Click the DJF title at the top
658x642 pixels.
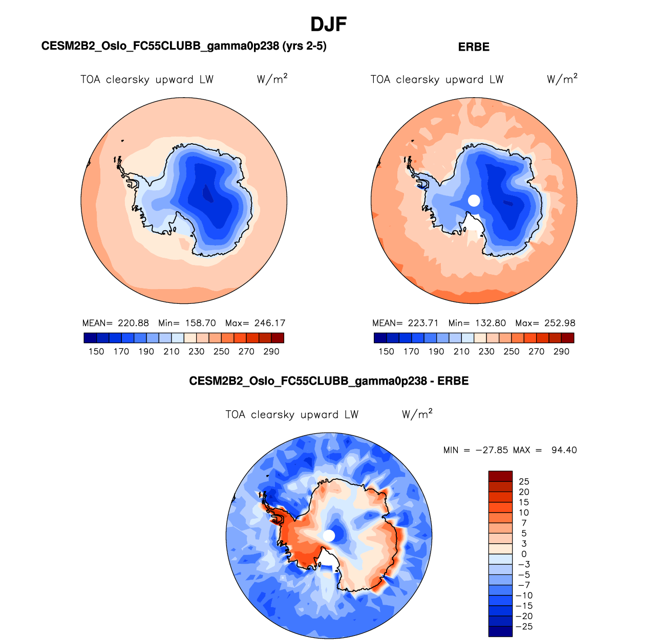329,24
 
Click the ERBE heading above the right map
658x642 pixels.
474,47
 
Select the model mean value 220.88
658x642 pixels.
133,323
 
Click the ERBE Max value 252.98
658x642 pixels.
560,323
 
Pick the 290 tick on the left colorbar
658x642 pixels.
271,351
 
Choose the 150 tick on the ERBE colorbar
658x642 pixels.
386,351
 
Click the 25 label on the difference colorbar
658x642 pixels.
524,481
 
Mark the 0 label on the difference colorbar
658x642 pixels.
524,554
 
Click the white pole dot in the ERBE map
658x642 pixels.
474,201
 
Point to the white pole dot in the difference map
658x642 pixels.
329,536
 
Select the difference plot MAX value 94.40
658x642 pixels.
564,450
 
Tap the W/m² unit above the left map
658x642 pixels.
272,79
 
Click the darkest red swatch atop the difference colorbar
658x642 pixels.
500,476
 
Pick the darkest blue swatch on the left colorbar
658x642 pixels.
90,338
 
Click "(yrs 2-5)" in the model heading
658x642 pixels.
304,46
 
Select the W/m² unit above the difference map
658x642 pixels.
417,414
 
